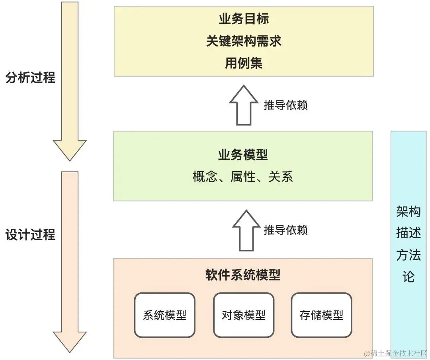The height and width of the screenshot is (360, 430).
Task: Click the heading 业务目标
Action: (x=243, y=19)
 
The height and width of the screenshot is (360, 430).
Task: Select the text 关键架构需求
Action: (x=243, y=41)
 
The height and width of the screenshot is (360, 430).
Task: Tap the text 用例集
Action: (x=243, y=63)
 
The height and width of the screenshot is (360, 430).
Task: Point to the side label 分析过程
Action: (x=31, y=77)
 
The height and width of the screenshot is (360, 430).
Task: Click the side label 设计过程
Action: (x=31, y=235)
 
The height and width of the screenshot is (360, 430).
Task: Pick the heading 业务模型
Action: (x=243, y=155)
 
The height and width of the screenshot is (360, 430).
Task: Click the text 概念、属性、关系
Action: (x=243, y=177)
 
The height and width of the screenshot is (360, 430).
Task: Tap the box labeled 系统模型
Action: (x=165, y=315)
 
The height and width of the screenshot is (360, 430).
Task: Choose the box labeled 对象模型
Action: (x=243, y=315)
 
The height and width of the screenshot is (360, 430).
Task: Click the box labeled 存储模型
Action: (x=321, y=315)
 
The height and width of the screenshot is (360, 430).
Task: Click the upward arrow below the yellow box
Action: (x=243, y=105)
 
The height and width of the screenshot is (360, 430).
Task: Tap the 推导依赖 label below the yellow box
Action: (x=285, y=105)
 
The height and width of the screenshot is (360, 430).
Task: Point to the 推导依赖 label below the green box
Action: (x=285, y=230)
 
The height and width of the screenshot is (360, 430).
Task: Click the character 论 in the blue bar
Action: (x=408, y=277)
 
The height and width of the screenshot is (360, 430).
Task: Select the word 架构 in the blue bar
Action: (x=408, y=212)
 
